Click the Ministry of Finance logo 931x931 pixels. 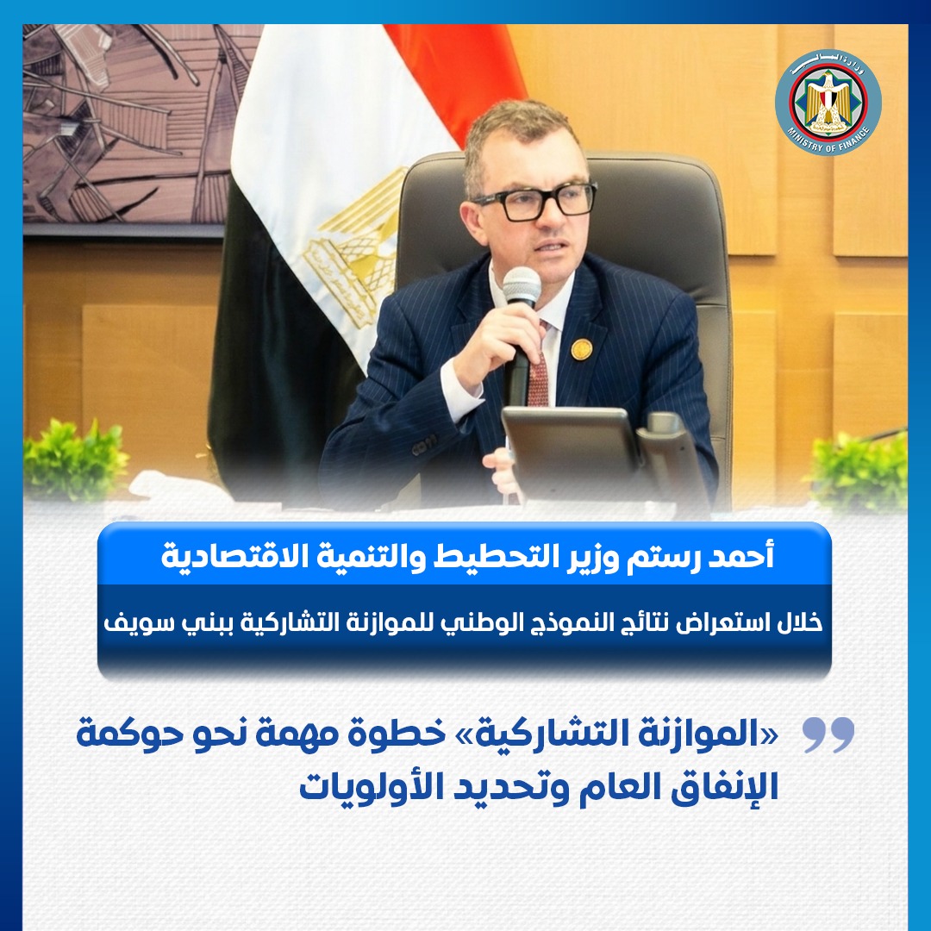click(x=827, y=103)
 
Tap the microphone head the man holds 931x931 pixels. click(x=522, y=287)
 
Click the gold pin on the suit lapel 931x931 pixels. click(x=581, y=350)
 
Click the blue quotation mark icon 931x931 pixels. click(x=828, y=735)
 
